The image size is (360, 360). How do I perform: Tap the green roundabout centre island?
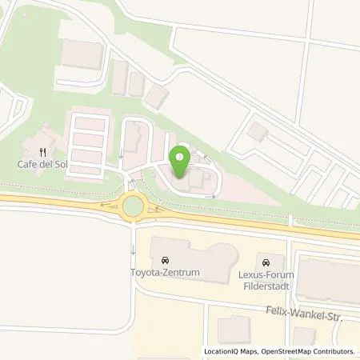pos(134,208)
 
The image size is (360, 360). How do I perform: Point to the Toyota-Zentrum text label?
pos(165,273)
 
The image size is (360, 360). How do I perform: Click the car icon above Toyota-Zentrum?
pos(165,260)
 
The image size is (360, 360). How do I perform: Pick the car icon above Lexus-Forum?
pos(266,261)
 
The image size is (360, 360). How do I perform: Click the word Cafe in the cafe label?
pos(28,165)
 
